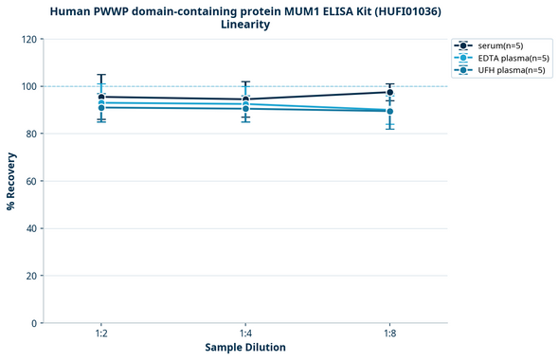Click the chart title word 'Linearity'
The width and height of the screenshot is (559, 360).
[x=245, y=25]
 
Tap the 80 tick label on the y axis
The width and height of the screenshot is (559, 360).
[x=30, y=134]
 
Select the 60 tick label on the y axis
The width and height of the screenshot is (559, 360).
[x=30, y=181]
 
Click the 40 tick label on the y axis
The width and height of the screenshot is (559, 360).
[x=30, y=228]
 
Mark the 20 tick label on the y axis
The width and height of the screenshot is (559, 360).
[x=30, y=276]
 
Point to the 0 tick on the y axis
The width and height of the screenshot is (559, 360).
[x=33, y=323]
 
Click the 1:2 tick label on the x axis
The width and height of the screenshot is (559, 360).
[x=101, y=334]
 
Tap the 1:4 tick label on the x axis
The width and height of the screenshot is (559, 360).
[x=245, y=334]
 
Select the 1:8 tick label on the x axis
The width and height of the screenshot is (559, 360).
[x=389, y=334]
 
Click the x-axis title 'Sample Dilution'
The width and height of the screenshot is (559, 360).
[x=245, y=348]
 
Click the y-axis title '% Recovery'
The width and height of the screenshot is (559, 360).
[x=11, y=181]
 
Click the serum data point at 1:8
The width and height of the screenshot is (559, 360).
[x=389, y=92]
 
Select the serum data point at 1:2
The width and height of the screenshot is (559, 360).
[x=101, y=97]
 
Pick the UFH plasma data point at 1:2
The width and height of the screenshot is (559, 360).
[x=101, y=108]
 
